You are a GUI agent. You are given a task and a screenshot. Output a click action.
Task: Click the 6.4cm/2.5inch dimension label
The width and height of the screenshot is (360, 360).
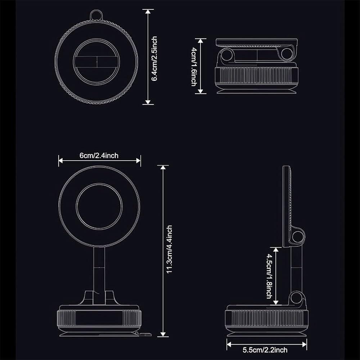coord(154,59)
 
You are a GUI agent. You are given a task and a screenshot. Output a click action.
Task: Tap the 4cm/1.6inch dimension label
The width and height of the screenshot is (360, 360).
coord(194,67)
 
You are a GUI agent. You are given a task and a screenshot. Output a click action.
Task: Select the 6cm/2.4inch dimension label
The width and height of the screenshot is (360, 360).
coord(99,156)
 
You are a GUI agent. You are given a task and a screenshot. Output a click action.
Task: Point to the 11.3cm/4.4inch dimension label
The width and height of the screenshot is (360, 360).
coord(169,249)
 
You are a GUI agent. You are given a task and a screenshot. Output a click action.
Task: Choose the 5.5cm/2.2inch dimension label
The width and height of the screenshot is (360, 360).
coord(265,350)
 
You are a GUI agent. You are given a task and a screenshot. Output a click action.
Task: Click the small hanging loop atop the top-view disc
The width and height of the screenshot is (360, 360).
coord(96,15)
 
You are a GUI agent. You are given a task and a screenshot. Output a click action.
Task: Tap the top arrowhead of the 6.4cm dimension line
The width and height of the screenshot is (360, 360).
coord(148,11)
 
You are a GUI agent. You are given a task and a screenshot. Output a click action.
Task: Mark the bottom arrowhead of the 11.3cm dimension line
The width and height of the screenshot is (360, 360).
coord(163,334)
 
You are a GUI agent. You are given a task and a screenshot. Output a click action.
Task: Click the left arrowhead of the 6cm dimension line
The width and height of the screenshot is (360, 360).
coord(60,161)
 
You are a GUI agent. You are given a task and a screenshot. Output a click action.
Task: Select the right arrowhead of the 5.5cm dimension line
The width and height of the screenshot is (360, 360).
coord(305,345)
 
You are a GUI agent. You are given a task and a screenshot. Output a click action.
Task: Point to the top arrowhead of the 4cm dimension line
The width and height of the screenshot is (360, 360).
coord(201,41)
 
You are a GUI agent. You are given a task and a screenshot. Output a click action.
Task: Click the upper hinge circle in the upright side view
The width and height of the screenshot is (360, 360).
coord(298,237)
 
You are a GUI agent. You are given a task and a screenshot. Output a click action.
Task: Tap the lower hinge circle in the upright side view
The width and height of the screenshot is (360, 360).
coord(296,298)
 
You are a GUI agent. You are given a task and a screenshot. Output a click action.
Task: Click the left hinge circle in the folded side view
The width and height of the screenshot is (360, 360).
coord(227,55)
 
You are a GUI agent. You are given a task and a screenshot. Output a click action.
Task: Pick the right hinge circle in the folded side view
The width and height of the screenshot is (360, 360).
coord(287,54)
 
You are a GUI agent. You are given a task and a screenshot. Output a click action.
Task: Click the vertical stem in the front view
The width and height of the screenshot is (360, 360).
coord(99,275)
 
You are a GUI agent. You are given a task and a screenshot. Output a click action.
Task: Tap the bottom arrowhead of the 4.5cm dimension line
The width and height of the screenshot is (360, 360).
coord(276,302)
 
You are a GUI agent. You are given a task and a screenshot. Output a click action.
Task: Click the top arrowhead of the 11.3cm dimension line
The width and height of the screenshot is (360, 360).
coord(163,167)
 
